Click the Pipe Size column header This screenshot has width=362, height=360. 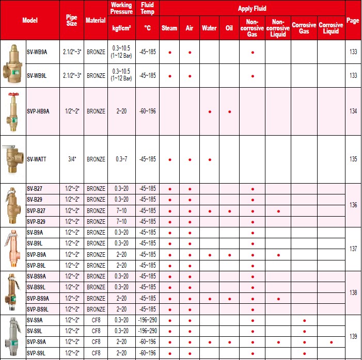(72, 20)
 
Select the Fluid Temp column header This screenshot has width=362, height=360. (147, 8)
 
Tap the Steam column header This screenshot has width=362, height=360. (169, 28)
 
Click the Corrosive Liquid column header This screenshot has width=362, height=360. (330, 28)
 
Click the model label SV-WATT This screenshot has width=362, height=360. (37, 159)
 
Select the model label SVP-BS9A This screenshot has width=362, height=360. (39, 299)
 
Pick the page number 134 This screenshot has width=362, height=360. (353, 111)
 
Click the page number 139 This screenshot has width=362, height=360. (353, 336)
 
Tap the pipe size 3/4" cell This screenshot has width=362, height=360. (72, 159)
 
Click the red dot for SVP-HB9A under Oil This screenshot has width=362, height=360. (229, 111)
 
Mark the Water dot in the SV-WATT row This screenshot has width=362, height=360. (210, 159)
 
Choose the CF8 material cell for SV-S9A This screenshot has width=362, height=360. (96, 320)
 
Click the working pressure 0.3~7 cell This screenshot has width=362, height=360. (121, 159)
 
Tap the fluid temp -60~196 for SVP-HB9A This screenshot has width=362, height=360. (147, 111)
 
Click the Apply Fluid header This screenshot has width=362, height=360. (252, 8)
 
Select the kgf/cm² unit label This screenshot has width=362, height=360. (121, 28)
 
